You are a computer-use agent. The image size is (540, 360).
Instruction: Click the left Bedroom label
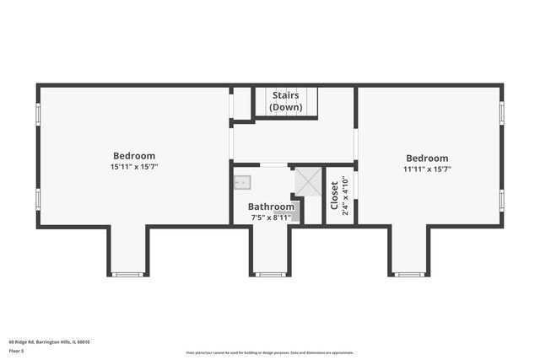(x=134, y=155)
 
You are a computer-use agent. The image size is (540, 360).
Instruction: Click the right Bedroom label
(x=427, y=158)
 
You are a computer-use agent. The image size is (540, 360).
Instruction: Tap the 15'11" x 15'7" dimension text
(x=134, y=167)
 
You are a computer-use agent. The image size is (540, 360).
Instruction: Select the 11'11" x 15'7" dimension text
(x=427, y=169)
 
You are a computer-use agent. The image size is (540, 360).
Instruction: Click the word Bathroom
(x=271, y=207)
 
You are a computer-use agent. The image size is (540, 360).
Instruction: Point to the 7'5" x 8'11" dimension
(x=271, y=217)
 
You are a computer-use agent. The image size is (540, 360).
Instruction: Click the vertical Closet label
(x=335, y=196)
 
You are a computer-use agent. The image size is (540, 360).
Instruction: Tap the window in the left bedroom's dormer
(x=128, y=274)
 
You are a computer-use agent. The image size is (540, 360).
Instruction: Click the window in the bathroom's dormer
(x=270, y=274)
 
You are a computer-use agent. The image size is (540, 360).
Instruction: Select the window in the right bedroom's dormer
(x=410, y=274)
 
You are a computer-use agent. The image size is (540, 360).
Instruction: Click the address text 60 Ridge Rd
(x=49, y=341)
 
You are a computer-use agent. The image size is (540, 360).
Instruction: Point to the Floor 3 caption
(x=17, y=350)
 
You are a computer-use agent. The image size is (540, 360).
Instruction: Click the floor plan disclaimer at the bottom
(x=270, y=352)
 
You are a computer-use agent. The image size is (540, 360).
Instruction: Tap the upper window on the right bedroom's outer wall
(x=502, y=113)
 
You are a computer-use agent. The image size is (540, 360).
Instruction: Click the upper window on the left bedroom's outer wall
(x=37, y=113)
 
